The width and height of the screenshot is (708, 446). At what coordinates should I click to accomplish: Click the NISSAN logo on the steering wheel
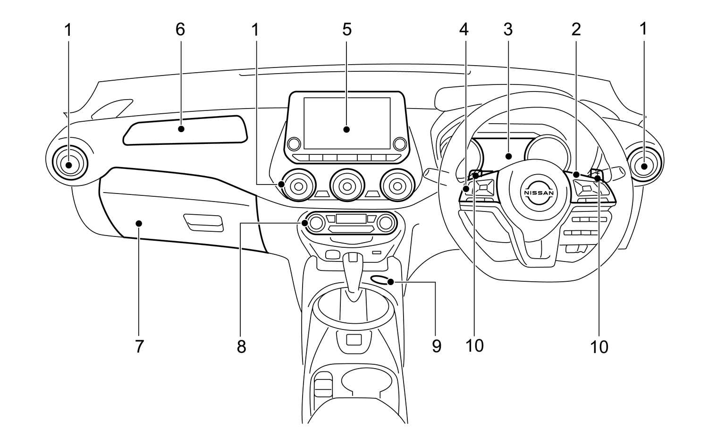click(538, 193)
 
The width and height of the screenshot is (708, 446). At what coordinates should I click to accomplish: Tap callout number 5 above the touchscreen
click(347, 30)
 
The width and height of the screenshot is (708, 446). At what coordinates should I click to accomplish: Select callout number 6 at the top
click(180, 30)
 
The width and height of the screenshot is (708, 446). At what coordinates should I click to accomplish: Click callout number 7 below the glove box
click(139, 347)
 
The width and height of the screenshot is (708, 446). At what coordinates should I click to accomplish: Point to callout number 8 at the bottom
click(241, 347)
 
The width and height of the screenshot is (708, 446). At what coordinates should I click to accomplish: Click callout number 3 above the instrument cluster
click(508, 30)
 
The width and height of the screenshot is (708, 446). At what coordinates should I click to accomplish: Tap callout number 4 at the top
click(464, 30)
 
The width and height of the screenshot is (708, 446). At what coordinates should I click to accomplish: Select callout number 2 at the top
click(576, 30)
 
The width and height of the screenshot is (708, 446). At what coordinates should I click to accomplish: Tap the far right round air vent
click(644, 166)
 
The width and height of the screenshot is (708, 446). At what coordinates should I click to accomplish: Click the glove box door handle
click(203, 222)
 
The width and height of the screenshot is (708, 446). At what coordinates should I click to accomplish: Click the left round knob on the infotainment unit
click(294, 143)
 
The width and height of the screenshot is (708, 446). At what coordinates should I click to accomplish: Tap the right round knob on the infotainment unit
click(400, 143)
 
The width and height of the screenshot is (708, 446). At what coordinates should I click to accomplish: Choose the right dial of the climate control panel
click(387, 222)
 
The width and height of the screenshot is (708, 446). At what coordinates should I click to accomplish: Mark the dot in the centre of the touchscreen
click(346, 129)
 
